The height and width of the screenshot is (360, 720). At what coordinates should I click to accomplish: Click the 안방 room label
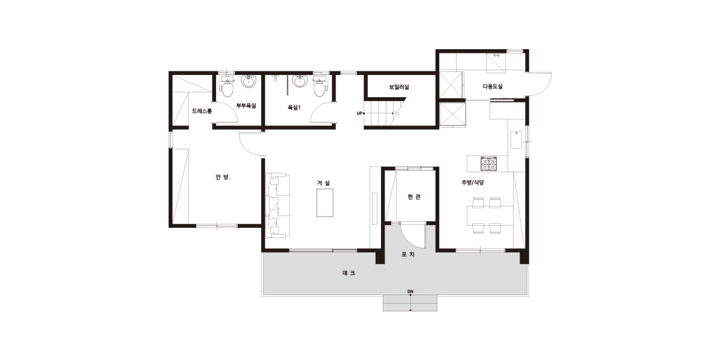[x=222, y=177]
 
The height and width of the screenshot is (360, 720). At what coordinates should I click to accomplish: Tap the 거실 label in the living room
[x=323, y=183]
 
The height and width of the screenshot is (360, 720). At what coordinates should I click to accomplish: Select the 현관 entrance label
[x=414, y=197]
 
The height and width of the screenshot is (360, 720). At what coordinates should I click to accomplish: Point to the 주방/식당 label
[x=473, y=182]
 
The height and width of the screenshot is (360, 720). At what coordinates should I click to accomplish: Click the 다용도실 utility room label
[x=493, y=86]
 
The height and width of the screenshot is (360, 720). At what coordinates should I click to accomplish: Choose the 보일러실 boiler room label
[x=399, y=87]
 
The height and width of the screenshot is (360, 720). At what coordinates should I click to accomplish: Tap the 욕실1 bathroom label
[x=294, y=107]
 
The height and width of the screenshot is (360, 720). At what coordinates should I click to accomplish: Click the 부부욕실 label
[x=246, y=106]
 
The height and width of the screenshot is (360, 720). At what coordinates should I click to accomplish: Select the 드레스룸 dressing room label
[x=202, y=111]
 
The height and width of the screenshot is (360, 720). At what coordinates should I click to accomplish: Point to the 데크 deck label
[x=349, y=273]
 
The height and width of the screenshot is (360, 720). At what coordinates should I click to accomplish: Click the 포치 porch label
[x=408, y=254]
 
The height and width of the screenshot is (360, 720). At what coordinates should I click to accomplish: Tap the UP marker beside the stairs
[x=359, y=113]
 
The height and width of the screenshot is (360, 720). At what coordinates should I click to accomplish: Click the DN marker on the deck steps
[x=410, y=292]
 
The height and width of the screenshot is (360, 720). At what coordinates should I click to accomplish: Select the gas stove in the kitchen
[x=489, y=164]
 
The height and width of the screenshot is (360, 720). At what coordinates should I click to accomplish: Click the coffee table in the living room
[x=325, y=203]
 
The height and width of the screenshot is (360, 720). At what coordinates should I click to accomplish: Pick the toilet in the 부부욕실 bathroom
[x=226, y=87]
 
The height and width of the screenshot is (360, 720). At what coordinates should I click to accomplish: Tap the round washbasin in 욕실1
[x=300, y=81]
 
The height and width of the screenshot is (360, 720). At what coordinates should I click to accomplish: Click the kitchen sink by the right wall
[x=516, y=139]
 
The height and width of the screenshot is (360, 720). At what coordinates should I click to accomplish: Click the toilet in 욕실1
[x=319, y=87]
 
